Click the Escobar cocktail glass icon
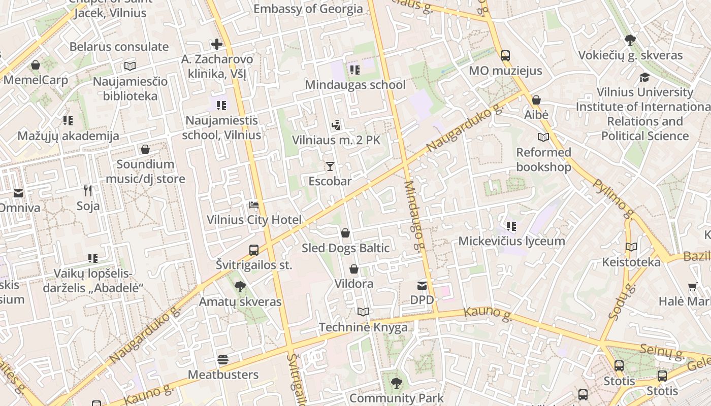pyautogui.click(x=330, y=166)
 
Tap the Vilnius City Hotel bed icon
pyautogui.click(x=254, y=205)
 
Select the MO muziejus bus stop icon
pyautogui.click(x=505, y=56)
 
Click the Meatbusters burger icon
pyautogui.click(x=223, y=360)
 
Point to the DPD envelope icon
pyautogui.click(x=422, y=285)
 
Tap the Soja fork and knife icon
pyautogui.click(x=88, y=191)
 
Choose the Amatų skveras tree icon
pyautogui.click(x=240, y=287)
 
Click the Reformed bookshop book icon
pyautogui.click(x=543, y=137)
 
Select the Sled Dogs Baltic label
pyautogui.click(x=346, y=248)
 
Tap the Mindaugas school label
pyautogui.click(x=355, y=85)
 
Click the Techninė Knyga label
pyautogui.click(x=363, y=327)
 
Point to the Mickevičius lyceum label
pyautogui.click(x=511, y=241)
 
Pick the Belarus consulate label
pyautogui.click(x=119, y=47)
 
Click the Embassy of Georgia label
pyautogui.click(x=308, y=9)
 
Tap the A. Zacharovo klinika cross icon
pyautogui.click(x=217, y=44)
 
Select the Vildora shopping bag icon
pyautogui.click(x=354, y=269)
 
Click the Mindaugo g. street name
pyautogui.click(x=414, y=216)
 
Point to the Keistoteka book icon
pyautogui.click(x=631, y=247)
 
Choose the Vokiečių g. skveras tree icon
pyautogui.click(x=630, y=40)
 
